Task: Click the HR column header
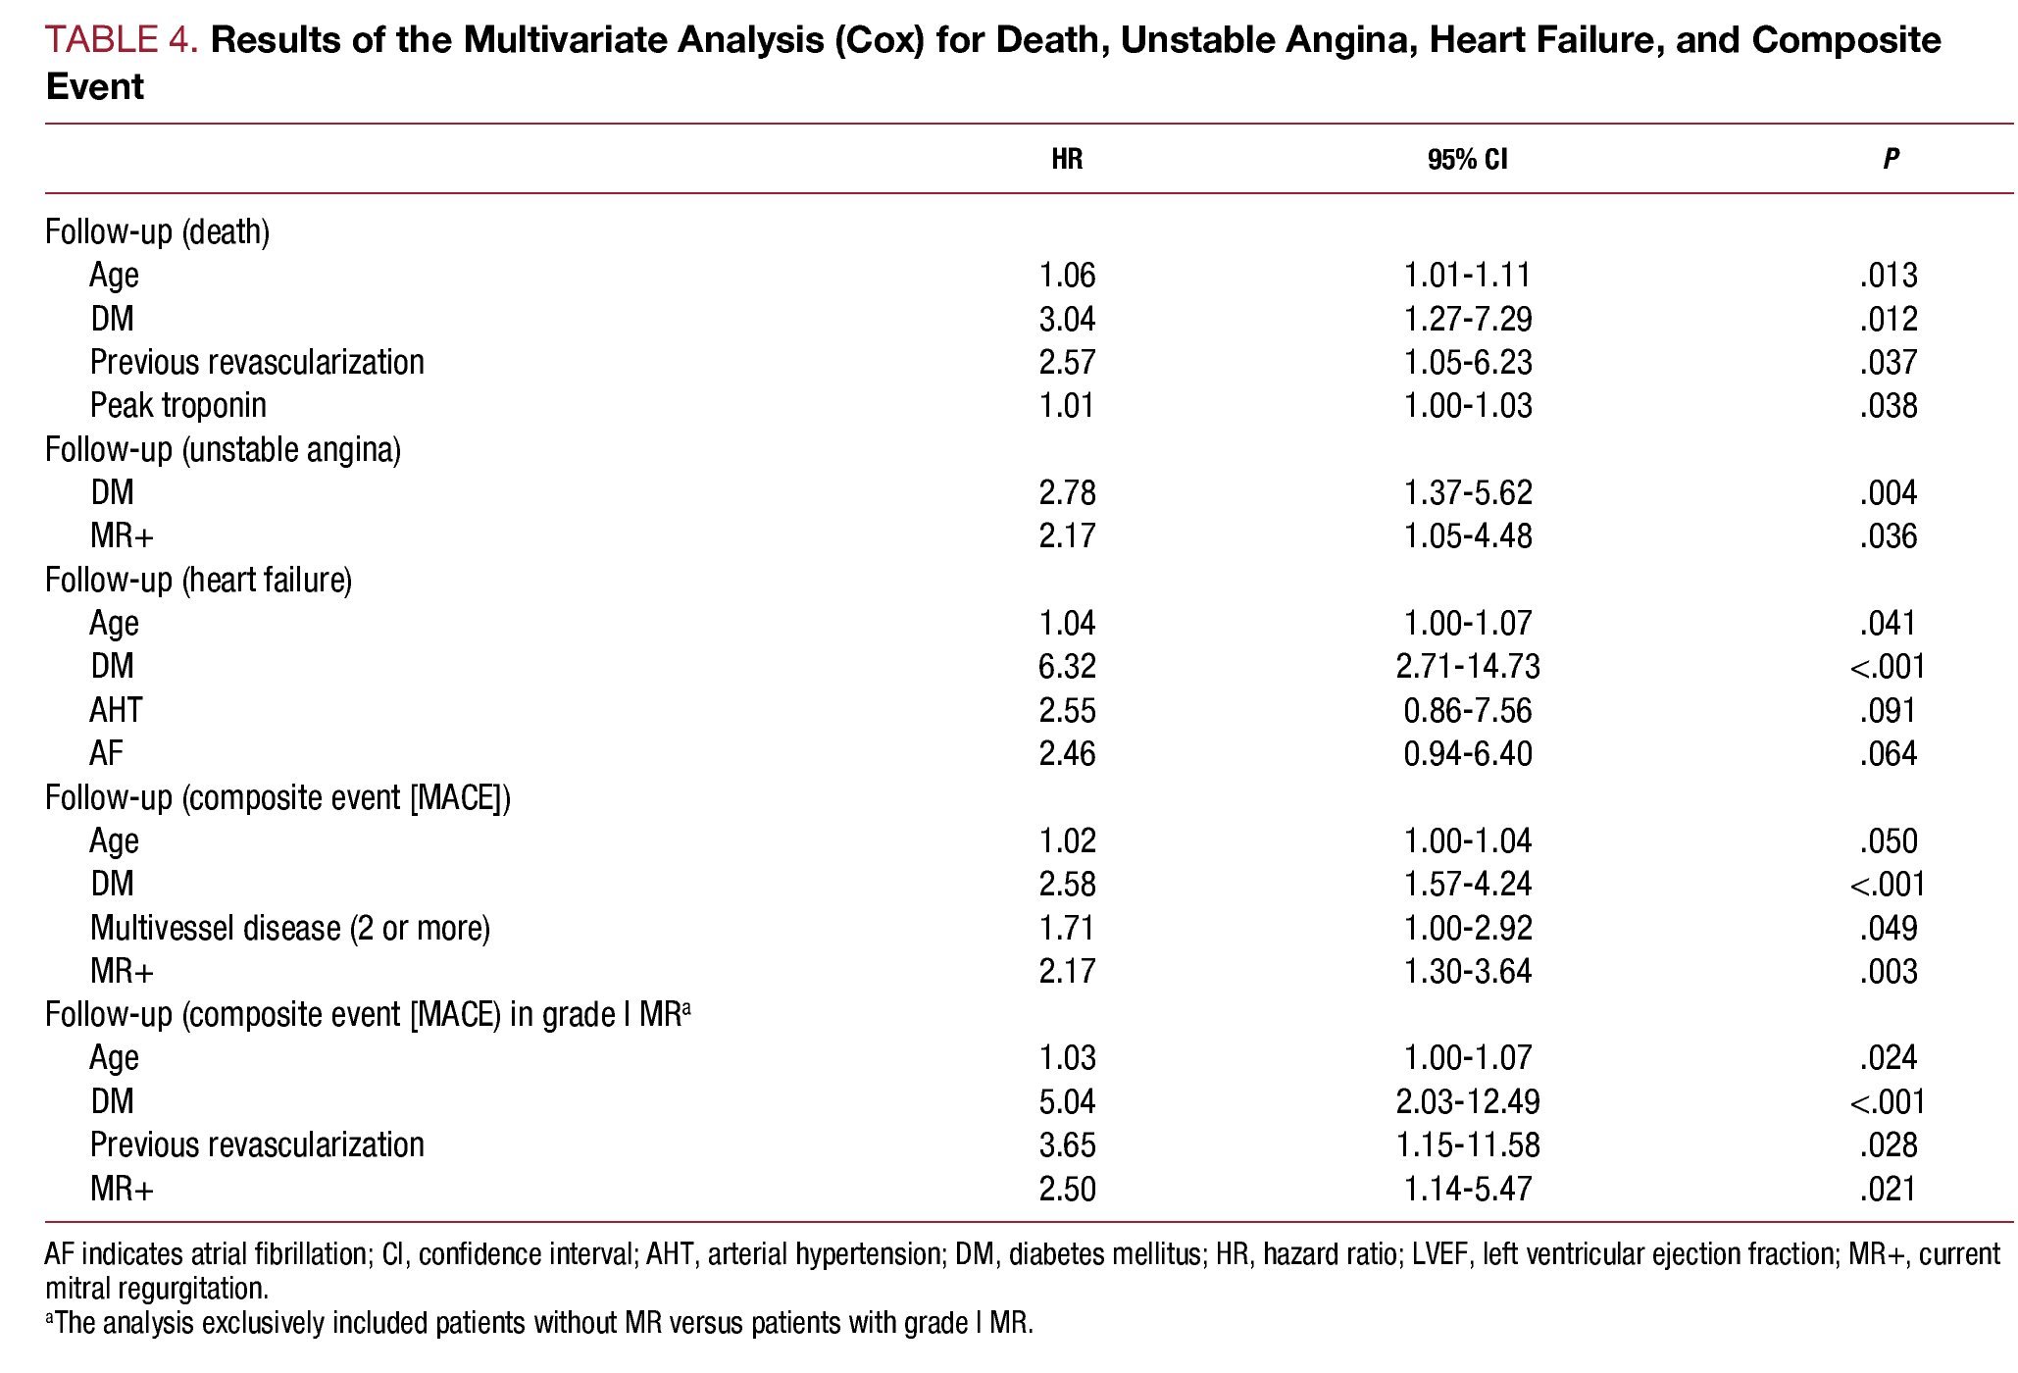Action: (x=1066, y=159)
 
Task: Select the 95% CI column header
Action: (x=1467, y=159)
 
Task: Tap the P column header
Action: (x=1890, y=159)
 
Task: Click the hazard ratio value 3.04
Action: (x=1067, y=319)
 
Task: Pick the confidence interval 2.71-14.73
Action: (x=1467, y=667)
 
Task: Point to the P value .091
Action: (x=1888, y=710)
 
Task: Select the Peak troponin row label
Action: (x=177, y=405)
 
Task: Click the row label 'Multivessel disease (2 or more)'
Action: (x=289, y=928)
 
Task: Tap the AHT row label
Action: (x=116, y=710)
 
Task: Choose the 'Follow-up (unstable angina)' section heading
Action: (x=223, y=449)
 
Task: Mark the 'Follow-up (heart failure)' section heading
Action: (x=198, y=580)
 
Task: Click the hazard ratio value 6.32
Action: (x=1067, y=667)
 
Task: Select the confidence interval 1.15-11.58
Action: (x=1467, y=1144)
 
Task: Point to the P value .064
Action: (x=1888, y=753)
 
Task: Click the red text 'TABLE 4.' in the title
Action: (x=122, y=40)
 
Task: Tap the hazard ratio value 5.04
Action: (x=1067, y=1101)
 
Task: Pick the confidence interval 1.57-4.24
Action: (x=1467, y=884)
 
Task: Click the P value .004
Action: (x=1888, y=492)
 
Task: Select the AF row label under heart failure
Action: (x=107, y=753)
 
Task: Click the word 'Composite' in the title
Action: (x=1845, y=40)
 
